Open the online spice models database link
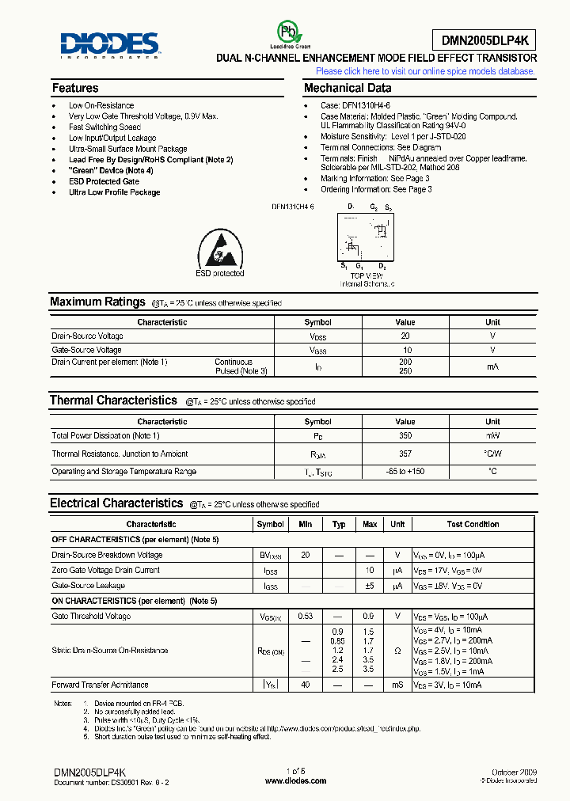(425, 71)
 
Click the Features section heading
(75, 89)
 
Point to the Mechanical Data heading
(347, 89)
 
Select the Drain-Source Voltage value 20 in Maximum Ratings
(405, 336)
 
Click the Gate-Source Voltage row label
(87, 350)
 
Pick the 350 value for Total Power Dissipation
(405, 436)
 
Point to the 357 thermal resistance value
(405, 454)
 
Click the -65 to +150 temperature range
(405, 472)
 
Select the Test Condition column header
(473, 524)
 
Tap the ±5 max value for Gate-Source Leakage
(369, 586)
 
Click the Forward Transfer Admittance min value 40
(306, 685)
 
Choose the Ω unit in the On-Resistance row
(397, 651)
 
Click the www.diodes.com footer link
(295, 780)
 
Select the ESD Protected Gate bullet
(104, 181)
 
